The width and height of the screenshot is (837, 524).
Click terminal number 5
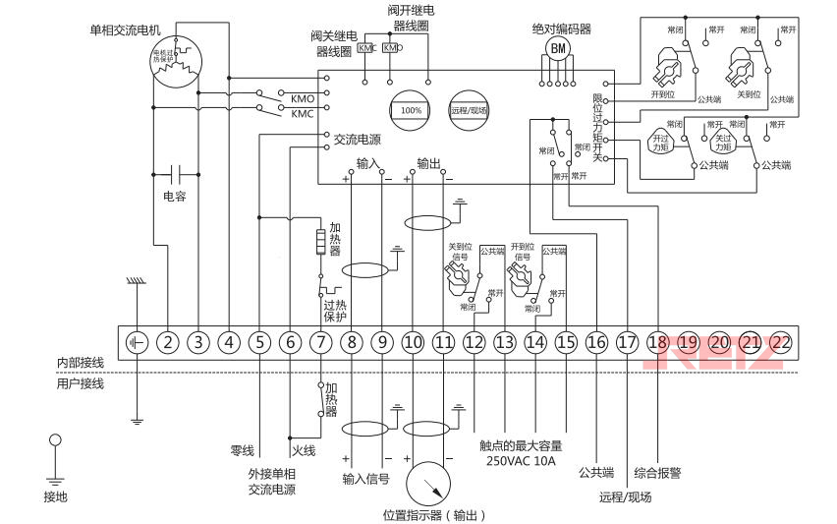pos(259,342)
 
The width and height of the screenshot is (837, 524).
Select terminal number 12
pos(474,342)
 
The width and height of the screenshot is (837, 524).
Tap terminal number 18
pos(657,342)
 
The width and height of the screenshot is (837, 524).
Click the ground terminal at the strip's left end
pos(137,342)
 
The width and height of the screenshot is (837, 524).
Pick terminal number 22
pos(781,342)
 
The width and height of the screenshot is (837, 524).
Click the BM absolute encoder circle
pos(558,48)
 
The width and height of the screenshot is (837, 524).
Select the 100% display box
pos(411,110)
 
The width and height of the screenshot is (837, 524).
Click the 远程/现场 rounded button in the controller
pos(470,110)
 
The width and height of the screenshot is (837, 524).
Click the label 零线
pos(242,451)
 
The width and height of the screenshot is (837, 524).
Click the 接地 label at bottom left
pos(56,497)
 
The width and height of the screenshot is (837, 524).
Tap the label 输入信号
pos(365,480)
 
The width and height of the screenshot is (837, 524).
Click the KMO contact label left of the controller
pos(302,99)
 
